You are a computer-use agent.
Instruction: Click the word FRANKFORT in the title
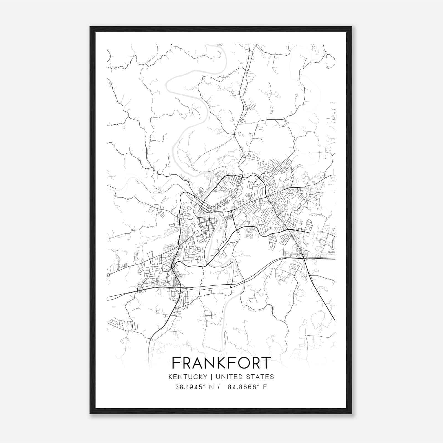[221, 363]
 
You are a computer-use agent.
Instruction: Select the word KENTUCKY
[187, 377]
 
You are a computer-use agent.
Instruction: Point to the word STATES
[261, 377]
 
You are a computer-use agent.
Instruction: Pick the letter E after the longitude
[265, 387]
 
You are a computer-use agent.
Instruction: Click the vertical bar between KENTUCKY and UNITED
[212, 377]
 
